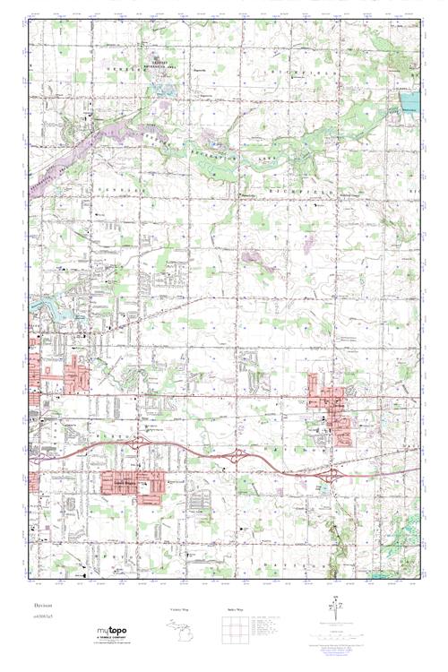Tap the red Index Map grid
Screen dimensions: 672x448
(236, 635)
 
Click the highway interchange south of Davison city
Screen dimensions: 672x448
(333, 473)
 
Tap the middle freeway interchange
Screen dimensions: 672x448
(236, 456)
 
